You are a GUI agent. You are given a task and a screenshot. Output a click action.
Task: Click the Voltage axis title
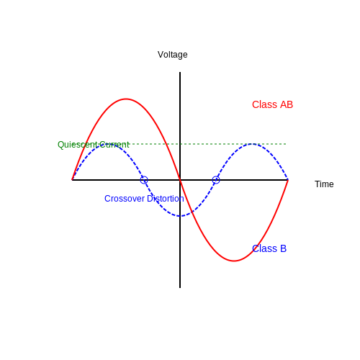tap(173, 55)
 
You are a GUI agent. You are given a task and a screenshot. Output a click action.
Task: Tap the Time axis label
tap(324, 184)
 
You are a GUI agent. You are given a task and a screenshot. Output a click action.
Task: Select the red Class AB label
tap(272, 104)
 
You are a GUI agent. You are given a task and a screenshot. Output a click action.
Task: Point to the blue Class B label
tap(269, 248)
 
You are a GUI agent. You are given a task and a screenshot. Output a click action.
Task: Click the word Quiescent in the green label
tap(77, 145)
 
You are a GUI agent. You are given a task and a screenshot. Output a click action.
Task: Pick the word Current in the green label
tap(114, 145)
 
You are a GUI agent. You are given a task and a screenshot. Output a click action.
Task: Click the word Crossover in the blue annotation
tap(125, 199)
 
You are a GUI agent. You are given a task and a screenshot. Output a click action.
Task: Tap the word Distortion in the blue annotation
tap(166, 199)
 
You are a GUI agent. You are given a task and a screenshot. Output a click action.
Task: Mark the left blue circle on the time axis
tap(144, 176)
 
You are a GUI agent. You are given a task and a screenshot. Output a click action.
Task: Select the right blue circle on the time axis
tap(216, 176)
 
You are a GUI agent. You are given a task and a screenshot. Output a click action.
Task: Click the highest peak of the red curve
tap(126, 99)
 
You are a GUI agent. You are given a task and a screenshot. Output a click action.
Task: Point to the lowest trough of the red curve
tap(234, 261)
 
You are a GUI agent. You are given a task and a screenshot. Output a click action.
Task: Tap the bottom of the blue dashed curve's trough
tap(180, 216)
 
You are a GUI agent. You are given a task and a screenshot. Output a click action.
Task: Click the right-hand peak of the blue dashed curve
tap(252, 144)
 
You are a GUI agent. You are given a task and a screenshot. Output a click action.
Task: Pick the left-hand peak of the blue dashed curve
tap(108, 144)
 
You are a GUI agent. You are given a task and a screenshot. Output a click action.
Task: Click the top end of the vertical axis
tap(180, 72)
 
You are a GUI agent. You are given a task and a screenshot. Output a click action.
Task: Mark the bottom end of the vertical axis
tap(180, 287)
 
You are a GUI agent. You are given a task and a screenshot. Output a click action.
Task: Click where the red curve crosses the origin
tap(180, 180)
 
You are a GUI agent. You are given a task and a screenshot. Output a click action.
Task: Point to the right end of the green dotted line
tap(286, 144)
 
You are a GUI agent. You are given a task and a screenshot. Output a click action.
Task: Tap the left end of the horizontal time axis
tap(72, 180)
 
